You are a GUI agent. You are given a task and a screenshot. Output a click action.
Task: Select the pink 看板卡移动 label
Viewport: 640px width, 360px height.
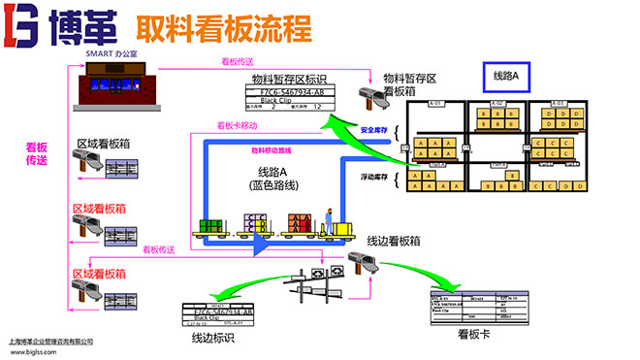tap(238, 126)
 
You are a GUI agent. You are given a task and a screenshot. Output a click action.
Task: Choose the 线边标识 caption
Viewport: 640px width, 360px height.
tap(211, 339)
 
